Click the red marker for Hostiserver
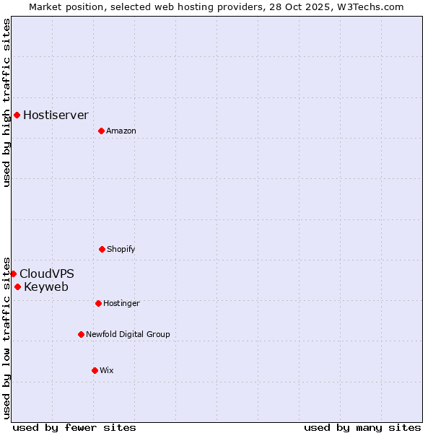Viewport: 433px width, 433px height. [17, 115]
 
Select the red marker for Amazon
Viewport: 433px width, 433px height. [101, 131]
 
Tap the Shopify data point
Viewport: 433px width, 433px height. [102, 249]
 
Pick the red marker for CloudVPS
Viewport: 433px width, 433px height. [13, 274]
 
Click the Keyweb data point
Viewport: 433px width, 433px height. [17, 287]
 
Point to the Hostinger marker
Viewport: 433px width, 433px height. [98, 303]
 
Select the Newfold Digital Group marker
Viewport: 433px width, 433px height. [81, 334]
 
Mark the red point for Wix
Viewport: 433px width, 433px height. [95, 370]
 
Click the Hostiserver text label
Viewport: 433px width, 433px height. [56, 115]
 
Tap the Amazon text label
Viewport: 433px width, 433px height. [121, 131]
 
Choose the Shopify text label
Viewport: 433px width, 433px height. [121, 249]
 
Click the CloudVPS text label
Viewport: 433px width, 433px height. [46, 274]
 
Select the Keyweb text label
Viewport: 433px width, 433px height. [46, 287]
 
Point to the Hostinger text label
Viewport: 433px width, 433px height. [121, 303]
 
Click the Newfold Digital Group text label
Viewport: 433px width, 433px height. [128, 334]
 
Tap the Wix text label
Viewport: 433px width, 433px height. [107, 370]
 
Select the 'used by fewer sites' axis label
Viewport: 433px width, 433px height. [74, 427]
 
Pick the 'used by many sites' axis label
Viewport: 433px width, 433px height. [362, 427]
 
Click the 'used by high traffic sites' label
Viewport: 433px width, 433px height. [6, 102]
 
